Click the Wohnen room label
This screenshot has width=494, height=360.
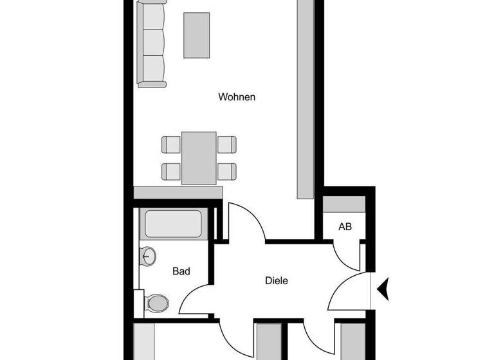237,97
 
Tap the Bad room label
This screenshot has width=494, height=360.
181,271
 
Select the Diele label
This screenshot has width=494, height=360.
276,280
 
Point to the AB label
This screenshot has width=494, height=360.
345,227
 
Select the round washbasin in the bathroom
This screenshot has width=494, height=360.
149,256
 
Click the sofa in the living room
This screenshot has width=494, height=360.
152,44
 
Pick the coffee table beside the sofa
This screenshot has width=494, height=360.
197,35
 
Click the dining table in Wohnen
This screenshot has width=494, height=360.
199,157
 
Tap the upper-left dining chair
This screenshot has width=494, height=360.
171,144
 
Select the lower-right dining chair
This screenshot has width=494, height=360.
226,171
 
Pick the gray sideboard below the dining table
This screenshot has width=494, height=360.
178,192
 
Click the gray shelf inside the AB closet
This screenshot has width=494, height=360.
344,204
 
